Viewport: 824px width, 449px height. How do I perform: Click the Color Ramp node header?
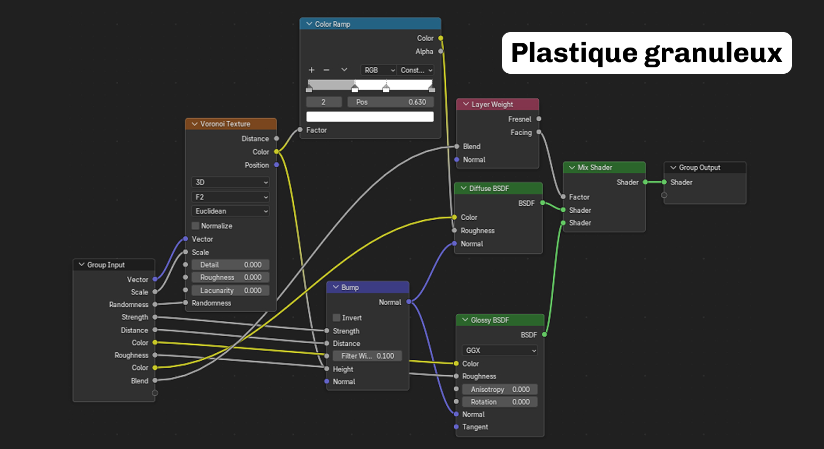370,24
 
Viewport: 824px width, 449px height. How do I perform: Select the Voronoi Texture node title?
225,124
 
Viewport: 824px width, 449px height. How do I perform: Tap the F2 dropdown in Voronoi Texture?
230,197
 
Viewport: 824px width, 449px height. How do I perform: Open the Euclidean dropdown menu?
230,211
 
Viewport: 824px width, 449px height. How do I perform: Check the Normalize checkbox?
195,226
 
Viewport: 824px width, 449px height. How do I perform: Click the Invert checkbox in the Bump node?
336,318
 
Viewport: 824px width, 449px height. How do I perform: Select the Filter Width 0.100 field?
367,355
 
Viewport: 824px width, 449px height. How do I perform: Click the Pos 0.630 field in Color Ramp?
391,102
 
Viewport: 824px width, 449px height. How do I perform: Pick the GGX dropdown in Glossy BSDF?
500,350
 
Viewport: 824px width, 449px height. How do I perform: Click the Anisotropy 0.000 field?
500,389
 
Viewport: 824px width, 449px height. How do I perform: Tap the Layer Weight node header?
498,104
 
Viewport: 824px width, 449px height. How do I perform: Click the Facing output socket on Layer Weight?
539,132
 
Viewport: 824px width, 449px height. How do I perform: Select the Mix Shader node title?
594,167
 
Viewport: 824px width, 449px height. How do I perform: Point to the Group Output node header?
705,167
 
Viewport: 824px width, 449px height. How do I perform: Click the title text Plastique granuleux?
646,53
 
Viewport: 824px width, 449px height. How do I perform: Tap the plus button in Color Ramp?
311,70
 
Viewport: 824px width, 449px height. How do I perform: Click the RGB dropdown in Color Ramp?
378,70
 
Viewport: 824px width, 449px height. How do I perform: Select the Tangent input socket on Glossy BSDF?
456,427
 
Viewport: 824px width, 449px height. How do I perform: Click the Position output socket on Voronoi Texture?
276,165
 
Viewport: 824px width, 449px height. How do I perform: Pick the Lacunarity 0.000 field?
230,290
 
